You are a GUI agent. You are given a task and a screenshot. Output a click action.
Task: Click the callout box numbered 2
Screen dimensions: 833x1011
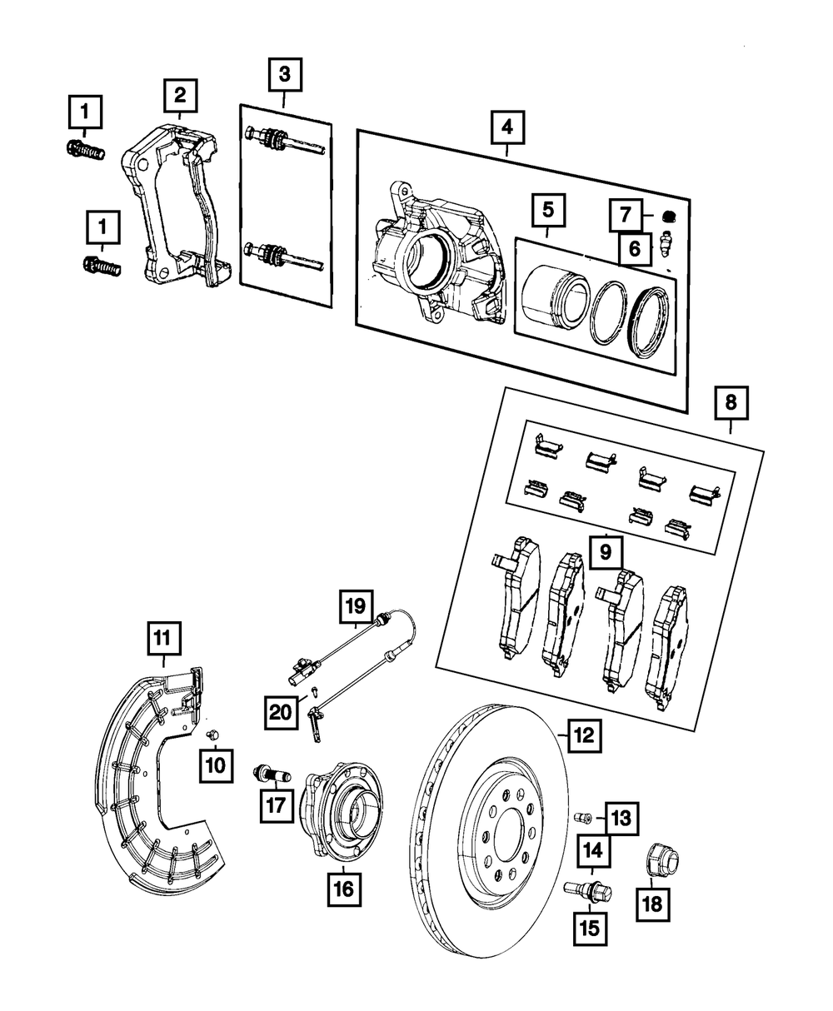(x=180, y=96)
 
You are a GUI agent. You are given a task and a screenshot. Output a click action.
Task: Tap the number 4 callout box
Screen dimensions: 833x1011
(x=507, y=127)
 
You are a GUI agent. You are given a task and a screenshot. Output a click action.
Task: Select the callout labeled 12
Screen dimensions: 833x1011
(x=585, y=735)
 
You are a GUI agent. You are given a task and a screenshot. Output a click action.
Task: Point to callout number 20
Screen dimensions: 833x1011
(x=281, y=712)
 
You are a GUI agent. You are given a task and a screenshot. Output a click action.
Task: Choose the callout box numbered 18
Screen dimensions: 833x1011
(x=653, y=904)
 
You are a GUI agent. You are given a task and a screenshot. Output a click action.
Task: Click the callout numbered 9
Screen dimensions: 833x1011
(x=606, y=552)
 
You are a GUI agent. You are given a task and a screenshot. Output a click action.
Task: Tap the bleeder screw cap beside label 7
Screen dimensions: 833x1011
(x=669, y=216)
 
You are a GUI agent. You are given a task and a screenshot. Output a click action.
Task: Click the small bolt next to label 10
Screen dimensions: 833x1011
(x=212, y=735)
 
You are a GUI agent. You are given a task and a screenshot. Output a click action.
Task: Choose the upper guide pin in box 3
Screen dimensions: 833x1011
(x=285, y=141)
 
